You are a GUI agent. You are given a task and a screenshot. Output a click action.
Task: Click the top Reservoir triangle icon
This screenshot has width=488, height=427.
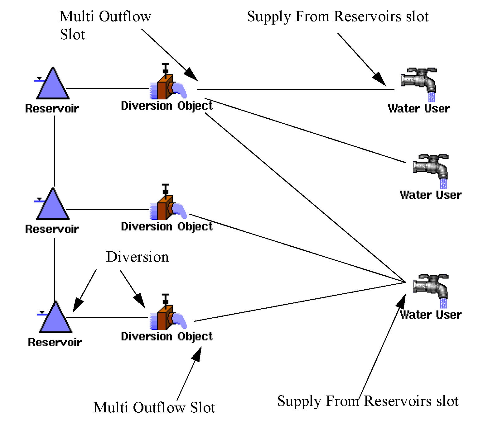52,85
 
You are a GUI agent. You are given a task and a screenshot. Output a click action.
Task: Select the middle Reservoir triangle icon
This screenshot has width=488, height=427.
52,206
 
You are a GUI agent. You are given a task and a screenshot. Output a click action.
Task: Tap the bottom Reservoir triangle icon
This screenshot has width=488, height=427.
55,319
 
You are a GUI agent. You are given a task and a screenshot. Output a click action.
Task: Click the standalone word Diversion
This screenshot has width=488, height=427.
138,257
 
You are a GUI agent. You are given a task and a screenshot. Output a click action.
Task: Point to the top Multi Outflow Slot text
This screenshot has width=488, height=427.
105,25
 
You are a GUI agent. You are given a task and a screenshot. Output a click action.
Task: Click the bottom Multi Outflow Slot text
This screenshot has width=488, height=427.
154,407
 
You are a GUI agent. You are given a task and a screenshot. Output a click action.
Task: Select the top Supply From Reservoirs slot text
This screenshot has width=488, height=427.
338,17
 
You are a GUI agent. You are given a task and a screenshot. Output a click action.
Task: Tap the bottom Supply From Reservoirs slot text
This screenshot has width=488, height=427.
368,401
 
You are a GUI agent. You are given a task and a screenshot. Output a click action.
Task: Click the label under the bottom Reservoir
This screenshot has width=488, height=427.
55,342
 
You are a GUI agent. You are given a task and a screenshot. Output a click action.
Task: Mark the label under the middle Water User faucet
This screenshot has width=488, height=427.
431,195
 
